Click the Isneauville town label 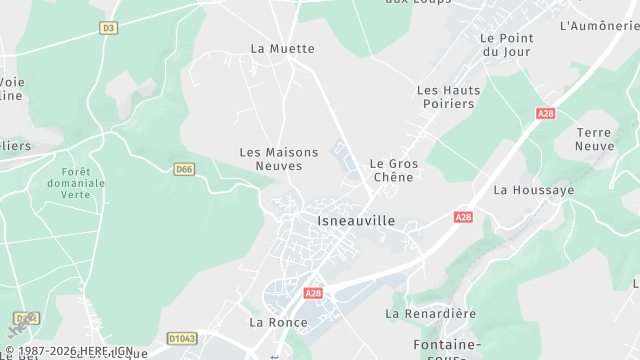point(355,220)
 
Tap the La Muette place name point(282,48)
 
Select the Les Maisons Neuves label point(279,159)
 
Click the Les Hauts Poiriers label point(448,97)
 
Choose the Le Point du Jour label point(507,45)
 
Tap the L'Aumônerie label point(599,25)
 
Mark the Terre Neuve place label point(594,139)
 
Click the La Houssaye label point(534,189)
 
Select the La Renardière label point(431,313)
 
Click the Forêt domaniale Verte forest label point(76,183)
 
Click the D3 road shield point(108,28)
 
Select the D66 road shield point(183,170)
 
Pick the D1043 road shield point(182,339)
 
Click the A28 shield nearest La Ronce point(313,293)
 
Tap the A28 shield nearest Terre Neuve point(545,114)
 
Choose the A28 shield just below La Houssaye point(462,217)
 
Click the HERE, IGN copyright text point(69,352)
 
